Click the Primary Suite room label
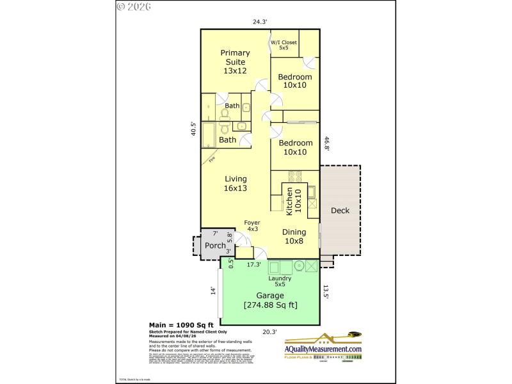coord(235,61)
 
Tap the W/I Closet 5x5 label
coord(284,45)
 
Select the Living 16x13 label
coord(236,184)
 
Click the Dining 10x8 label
coord(295,236)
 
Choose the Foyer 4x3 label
coord(252,226)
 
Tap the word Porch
coord(215,246)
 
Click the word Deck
coord(340,211)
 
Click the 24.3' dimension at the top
coord(259,22)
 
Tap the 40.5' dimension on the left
coord(193,129)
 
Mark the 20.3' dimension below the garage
coord(269,332)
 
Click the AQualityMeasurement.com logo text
coord(323,349)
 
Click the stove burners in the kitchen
coord(296,177)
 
